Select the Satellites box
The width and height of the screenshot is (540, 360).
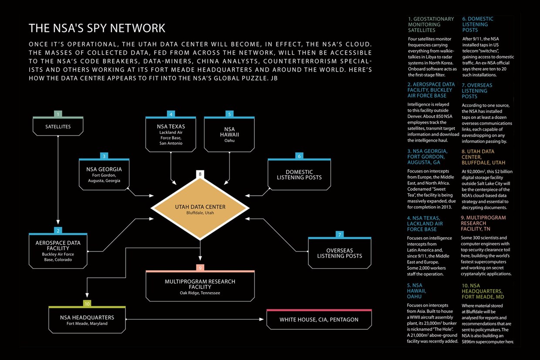[58, 126]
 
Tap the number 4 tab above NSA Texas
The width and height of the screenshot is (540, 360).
[171, 114]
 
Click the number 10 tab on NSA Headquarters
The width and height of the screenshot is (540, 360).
[87, 303]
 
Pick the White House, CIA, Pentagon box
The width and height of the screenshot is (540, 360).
[319, 319]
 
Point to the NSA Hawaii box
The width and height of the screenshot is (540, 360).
[229, 134]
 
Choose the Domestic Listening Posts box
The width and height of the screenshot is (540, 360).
[299, 174]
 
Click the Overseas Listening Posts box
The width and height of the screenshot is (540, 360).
[339, 253]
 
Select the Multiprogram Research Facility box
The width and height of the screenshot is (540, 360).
[200, 286]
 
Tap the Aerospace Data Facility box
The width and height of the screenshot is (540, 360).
[58, 251]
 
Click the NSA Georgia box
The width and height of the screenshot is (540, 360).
[104, 174]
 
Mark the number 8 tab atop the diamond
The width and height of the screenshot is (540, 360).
[200, 174]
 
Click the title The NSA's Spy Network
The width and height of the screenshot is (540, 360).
[97, 28]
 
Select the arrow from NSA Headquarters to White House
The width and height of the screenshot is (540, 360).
[195, 319]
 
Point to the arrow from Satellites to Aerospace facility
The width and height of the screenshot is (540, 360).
[58, 180]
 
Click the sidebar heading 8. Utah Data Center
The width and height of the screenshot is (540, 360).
[483, 157]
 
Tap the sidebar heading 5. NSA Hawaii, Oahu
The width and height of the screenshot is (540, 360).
[416, 291]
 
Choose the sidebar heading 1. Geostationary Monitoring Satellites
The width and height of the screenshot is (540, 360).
[431, 24]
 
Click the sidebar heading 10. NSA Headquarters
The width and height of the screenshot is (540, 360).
[483, 291]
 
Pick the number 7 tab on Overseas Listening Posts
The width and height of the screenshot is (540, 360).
[339, 234]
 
